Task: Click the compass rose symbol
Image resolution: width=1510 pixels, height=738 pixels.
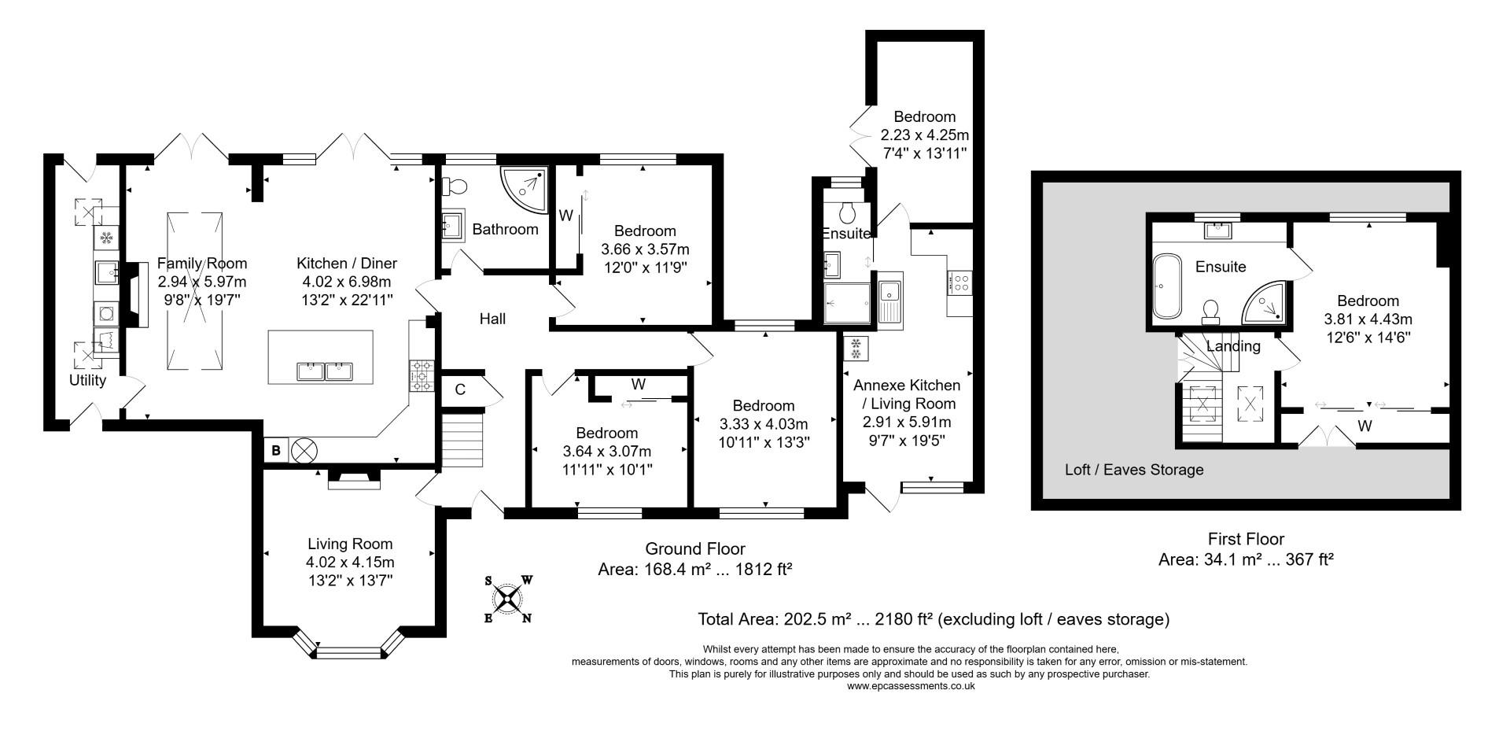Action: click(x=509, y=600)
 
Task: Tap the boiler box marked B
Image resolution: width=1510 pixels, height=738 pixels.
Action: click(x=276, y=451)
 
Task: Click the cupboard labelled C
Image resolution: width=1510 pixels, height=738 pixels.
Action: click(x=461, y=389)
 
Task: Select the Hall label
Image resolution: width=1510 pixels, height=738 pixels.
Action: click(x=492, y=319)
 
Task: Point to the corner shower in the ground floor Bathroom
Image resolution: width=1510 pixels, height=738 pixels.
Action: click(x=525, y=186)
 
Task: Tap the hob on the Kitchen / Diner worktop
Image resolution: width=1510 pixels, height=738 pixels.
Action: click(x=422, y=375)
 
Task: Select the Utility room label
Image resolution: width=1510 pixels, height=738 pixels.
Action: click(x=87, y=381)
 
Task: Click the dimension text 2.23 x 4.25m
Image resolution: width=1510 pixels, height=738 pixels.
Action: click(x=925, y=135)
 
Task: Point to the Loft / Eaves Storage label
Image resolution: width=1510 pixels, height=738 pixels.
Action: click(x=1133, y=470)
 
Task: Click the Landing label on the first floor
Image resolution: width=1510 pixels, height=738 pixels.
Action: click(x=1232, y=346)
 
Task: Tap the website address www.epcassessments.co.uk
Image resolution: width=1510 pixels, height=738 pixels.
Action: click(x=911, y=685)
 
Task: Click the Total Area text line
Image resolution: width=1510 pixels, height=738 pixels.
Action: click(x=933, y=619)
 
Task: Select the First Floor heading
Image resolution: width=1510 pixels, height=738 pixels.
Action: click(x=1246, y=539)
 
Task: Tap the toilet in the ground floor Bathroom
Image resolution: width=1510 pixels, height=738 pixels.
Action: click(x=455, y=186)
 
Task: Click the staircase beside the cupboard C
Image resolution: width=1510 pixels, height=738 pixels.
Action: click(x=462, y=442)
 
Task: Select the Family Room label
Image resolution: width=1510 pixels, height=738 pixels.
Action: click(x=201, y=264)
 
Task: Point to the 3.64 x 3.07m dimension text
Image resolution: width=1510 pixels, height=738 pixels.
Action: click(x=606, y=451)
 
